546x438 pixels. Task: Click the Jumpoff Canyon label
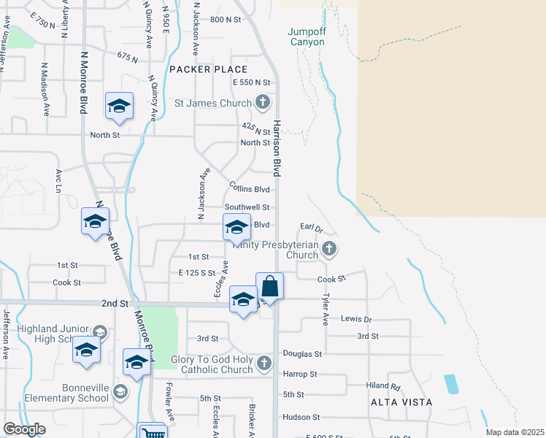tap(306, 36)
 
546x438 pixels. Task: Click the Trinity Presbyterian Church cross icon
tap(329, 249)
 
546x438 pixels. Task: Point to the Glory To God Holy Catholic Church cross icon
tap(264, 363)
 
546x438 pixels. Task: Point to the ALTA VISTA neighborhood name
tap(401, 402)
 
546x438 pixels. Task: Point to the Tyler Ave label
tap(326, 310)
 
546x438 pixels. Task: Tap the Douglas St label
tap(302, 354)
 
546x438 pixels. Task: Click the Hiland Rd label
tap(384, 386)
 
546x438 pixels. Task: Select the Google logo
tap(24, 429)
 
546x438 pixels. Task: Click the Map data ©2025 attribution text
tap(515, 432)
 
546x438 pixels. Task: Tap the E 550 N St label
tap(252, 82)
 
